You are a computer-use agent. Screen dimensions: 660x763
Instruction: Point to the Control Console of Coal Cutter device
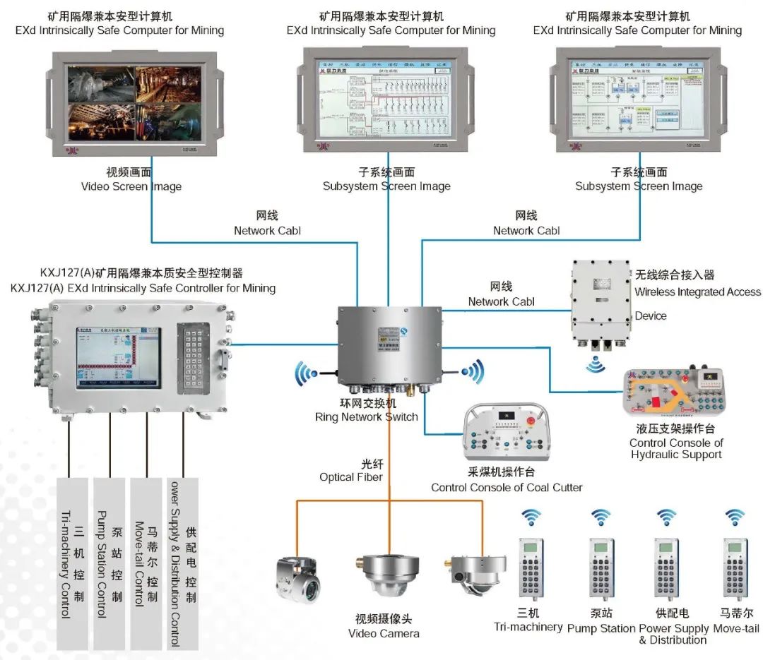pyautogui.click(x=507, y=433)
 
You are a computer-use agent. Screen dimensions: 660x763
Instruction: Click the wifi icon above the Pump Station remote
pyautogui.click(x=601, y=518)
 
